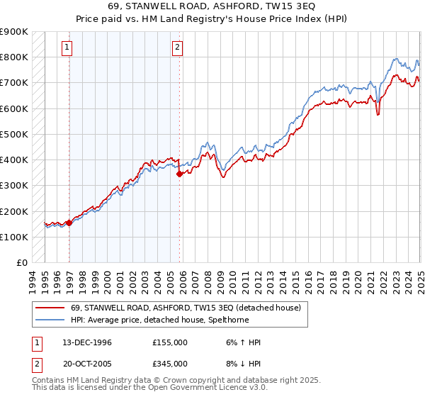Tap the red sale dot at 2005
[x=179, y=174]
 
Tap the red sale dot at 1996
[x=69, y=223]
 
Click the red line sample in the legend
[x=50, y=308]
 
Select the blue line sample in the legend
[x=50, y=320]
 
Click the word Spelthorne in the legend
[x=228, y=320]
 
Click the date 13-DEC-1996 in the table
[x=88, y=342]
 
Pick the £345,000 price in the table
[x=170, y=363]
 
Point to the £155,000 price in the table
[x=170, y=342]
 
